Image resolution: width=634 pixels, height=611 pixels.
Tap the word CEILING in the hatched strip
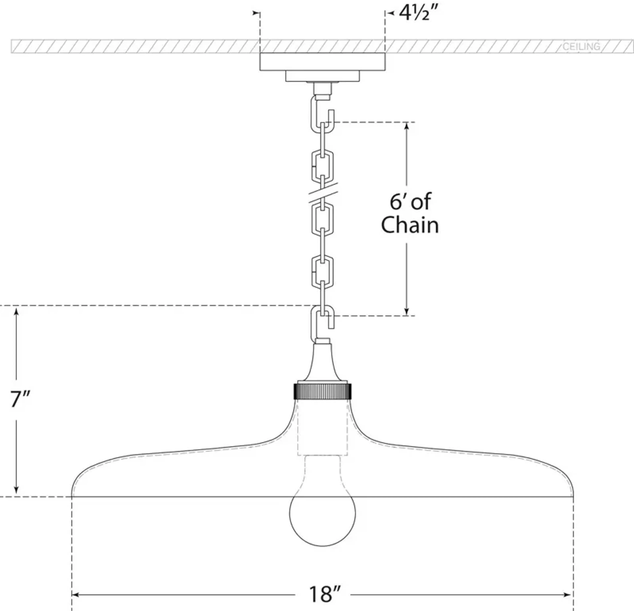click(x=581, y=47)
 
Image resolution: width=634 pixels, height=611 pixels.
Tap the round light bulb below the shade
click(x=322, y=514)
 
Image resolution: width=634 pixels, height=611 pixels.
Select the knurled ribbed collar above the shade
click(x=322, y=391)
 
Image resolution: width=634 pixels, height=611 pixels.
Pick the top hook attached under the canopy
click(x=320, y=113)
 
